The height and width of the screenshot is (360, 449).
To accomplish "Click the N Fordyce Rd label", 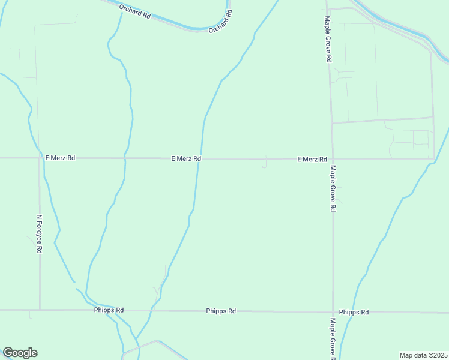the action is tap(40, 233).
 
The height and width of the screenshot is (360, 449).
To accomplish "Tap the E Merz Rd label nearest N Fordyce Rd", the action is tap(60, 158).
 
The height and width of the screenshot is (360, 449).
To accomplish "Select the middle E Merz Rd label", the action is tap(186, 158).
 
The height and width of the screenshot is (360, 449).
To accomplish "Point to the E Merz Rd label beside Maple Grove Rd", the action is tap(312, 159).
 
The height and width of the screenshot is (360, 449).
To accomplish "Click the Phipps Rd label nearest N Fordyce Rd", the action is tap(109, 310).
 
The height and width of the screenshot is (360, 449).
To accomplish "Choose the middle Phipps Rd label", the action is tap(221, 311).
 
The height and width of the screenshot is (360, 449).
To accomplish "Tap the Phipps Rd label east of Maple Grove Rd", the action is tap(354, 312).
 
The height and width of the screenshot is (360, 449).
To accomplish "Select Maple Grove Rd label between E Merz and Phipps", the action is tap(333, 188).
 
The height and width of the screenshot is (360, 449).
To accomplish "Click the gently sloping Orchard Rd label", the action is tap(135, 11).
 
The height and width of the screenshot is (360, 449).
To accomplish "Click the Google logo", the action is tap(20, 353).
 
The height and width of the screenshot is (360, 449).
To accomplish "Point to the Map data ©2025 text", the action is tap(423, 355).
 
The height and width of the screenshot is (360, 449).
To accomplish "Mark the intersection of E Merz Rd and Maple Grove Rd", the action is tap(333, 159).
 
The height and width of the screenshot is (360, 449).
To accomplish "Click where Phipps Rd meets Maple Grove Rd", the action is tap(333, 312).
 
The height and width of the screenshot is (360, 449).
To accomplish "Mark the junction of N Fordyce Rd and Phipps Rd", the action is tap(40, 310).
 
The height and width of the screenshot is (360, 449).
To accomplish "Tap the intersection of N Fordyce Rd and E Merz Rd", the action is tap(39, 158).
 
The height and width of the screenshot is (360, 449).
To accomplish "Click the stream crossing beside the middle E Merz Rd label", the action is tap(200, 158).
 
